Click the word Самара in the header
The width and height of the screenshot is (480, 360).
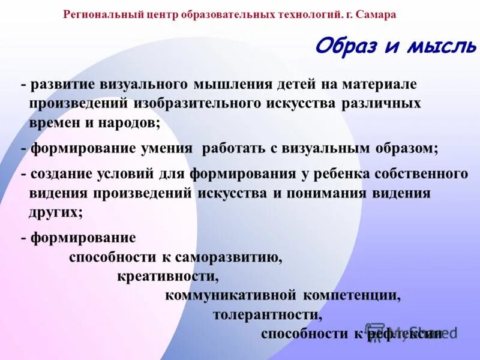click(376, 14)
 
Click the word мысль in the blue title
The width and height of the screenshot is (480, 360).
click(442, 46)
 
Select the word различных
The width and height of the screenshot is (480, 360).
click(381, 103)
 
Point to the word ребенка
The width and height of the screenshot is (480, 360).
click(339, 174)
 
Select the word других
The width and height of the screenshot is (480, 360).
click(55, 211)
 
